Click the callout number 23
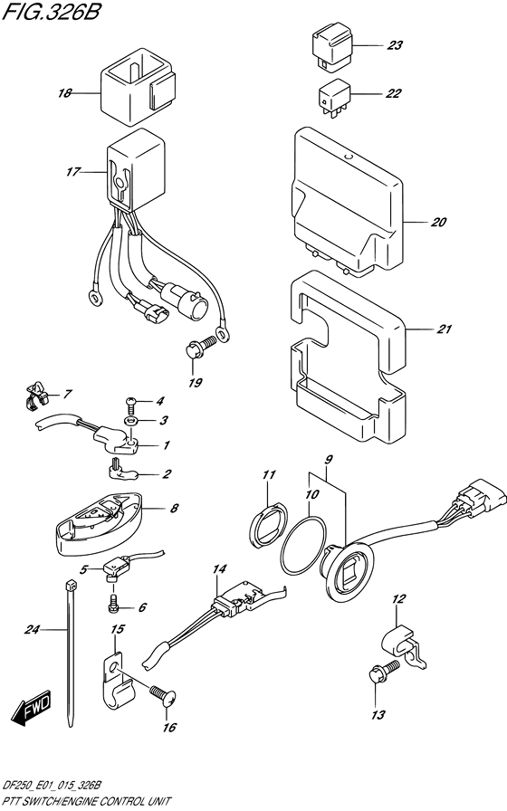394,44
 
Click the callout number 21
443,329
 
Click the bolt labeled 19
201,345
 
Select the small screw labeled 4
130,399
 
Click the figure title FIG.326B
55,16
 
